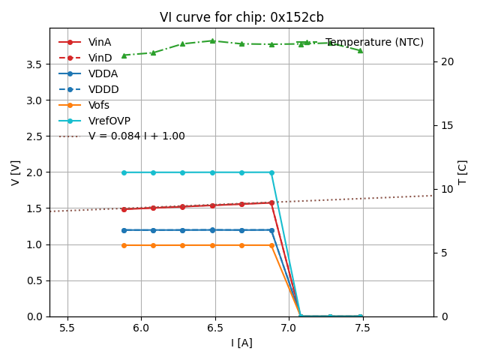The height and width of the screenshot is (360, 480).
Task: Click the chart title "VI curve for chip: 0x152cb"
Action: [241, 17]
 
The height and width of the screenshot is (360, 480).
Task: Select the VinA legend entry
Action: [100, 42]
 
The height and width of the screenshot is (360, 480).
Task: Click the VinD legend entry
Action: [100, 58]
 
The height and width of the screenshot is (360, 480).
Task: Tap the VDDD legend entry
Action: [103, 89]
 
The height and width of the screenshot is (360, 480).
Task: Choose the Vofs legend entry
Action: [99, 105]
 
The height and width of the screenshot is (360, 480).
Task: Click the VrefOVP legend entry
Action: [109, 121]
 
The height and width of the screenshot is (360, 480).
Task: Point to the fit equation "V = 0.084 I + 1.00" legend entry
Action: [136, 136]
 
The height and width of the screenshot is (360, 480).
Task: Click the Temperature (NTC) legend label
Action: [374, 42]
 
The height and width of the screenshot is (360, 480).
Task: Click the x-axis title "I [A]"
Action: [241, 343]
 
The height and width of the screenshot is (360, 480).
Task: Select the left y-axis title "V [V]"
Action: [16, 172]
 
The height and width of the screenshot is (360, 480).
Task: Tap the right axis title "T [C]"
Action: [462, 172]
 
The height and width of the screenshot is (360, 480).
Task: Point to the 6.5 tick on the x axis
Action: [214, 328]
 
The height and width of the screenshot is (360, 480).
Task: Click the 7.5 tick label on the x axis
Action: [363, 328]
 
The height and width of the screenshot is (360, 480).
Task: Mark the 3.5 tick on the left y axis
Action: [34, 64]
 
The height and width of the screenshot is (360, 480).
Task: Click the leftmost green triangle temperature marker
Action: [124, 55]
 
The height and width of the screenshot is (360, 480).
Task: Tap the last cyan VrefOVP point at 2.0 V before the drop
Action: [271, 172]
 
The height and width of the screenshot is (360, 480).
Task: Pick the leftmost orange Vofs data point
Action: [124, 245]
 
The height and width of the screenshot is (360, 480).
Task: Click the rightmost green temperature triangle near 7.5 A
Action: [360, 50]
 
